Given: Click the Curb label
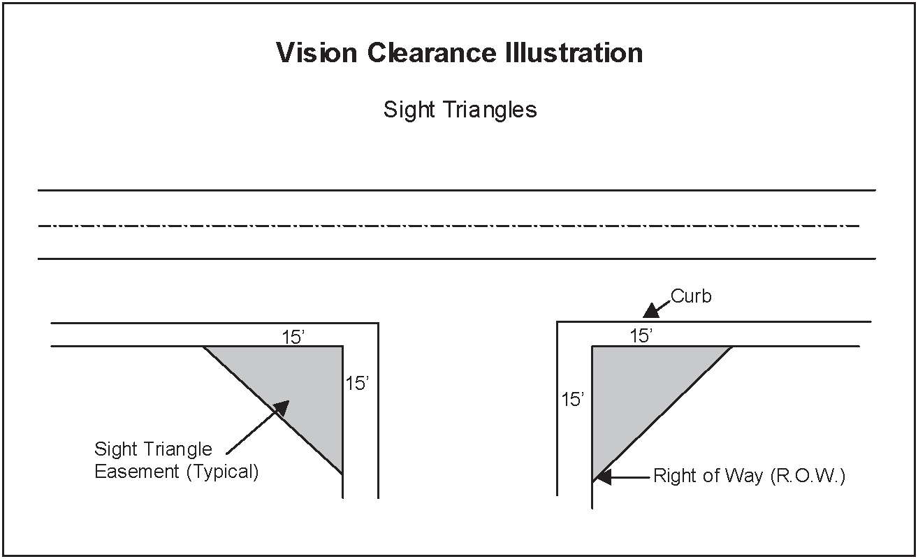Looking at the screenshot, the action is point(691,296).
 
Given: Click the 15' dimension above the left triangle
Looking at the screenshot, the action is point(294,337).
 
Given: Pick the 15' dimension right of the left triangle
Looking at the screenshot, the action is point(357,384).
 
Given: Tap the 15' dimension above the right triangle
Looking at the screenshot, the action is point(641,336).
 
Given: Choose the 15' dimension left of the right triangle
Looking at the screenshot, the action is point(573,400).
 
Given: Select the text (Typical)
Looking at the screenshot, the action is point(222,472).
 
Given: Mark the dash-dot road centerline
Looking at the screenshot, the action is point(447,226).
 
